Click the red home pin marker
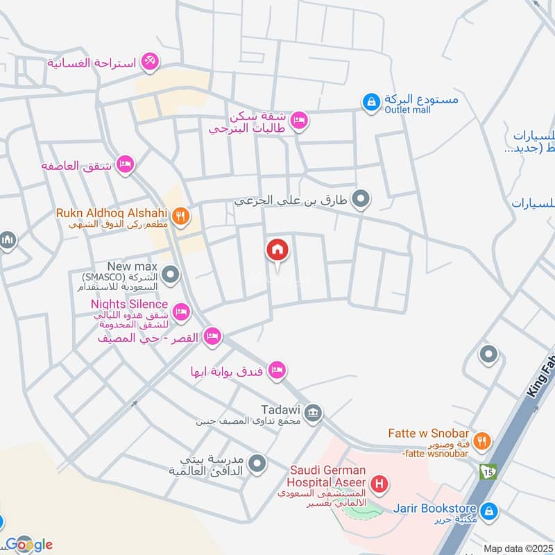coord(277,250)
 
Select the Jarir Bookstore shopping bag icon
coord(490,511)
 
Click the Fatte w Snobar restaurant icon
coord(484,441)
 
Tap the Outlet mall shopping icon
coord(371,103)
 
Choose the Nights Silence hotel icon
coord(181,311)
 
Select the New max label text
coord(133,266)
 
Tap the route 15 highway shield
coord(488,471)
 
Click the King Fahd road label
coord(541,378)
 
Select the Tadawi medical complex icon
coord(314,413)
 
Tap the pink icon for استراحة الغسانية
coord(149,62)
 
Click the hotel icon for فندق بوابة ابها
coord(277,370)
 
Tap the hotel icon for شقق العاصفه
coord(125,164)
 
